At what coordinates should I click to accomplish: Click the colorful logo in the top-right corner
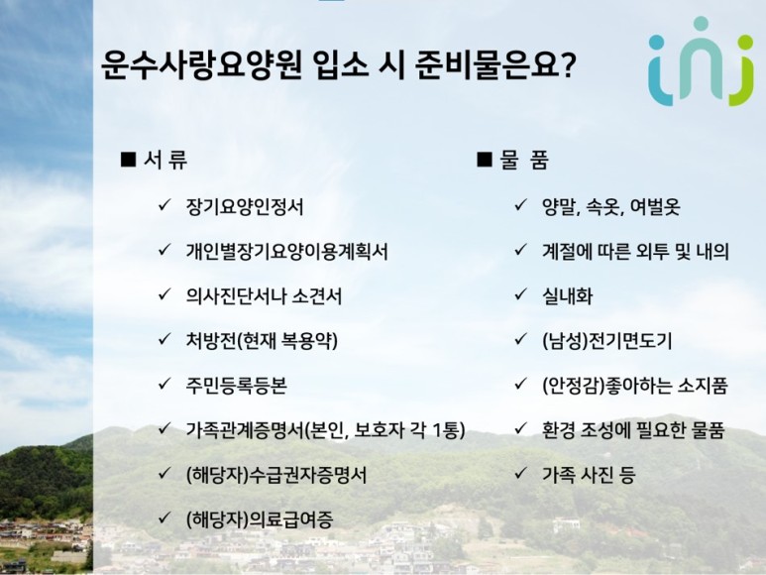click(x=701, y=61)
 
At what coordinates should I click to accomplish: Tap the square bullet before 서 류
click(x=128, y=160)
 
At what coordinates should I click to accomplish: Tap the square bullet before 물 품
click(x=485, y=160)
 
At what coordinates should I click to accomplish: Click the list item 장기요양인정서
click(x=245, y=206)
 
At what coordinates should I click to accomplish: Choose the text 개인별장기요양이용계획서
click(x=286, y=252)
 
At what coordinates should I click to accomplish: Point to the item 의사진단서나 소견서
click(x=264, y=296)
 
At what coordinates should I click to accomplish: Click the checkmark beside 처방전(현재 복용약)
click(x=164, y=338)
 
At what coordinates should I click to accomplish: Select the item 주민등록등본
click(x=236, y=386)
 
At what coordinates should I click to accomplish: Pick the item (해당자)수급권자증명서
click(x=276, y=475)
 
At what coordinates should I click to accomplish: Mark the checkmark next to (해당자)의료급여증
click(x=164, y=517)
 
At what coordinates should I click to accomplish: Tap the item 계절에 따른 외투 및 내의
click(x=635, y=252)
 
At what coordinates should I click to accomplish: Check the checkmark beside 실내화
click(x=520, y=294)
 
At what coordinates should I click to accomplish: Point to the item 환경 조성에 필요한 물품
click(x=633, y=430)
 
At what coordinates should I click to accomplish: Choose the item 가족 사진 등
click(x=589, y=474)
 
